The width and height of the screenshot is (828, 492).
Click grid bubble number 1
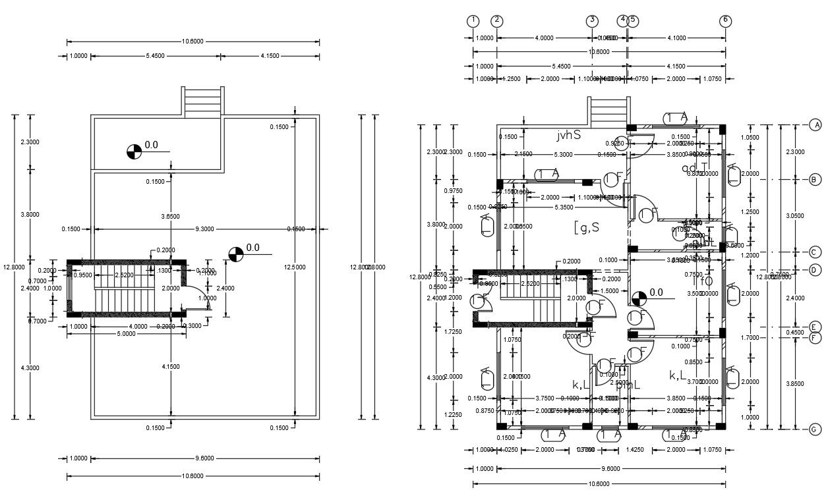[473, 20]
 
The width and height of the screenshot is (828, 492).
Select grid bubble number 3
[592, 20]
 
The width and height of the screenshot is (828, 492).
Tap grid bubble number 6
[725, 20]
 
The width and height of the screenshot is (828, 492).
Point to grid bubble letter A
[815, 124]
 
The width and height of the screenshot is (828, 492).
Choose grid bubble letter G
[815, 429]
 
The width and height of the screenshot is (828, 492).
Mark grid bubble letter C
[815, 252]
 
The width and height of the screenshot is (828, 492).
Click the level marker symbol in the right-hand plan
[638, 298]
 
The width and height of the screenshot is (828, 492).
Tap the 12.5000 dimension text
[304, 267]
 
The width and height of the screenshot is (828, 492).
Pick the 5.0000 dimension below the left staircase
[125, 334]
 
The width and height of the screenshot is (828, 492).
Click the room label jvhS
[568, 135]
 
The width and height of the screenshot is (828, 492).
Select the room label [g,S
[586, 228]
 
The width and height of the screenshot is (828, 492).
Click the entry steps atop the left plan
[203, 103]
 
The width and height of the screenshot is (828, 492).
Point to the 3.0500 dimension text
[796, 215]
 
